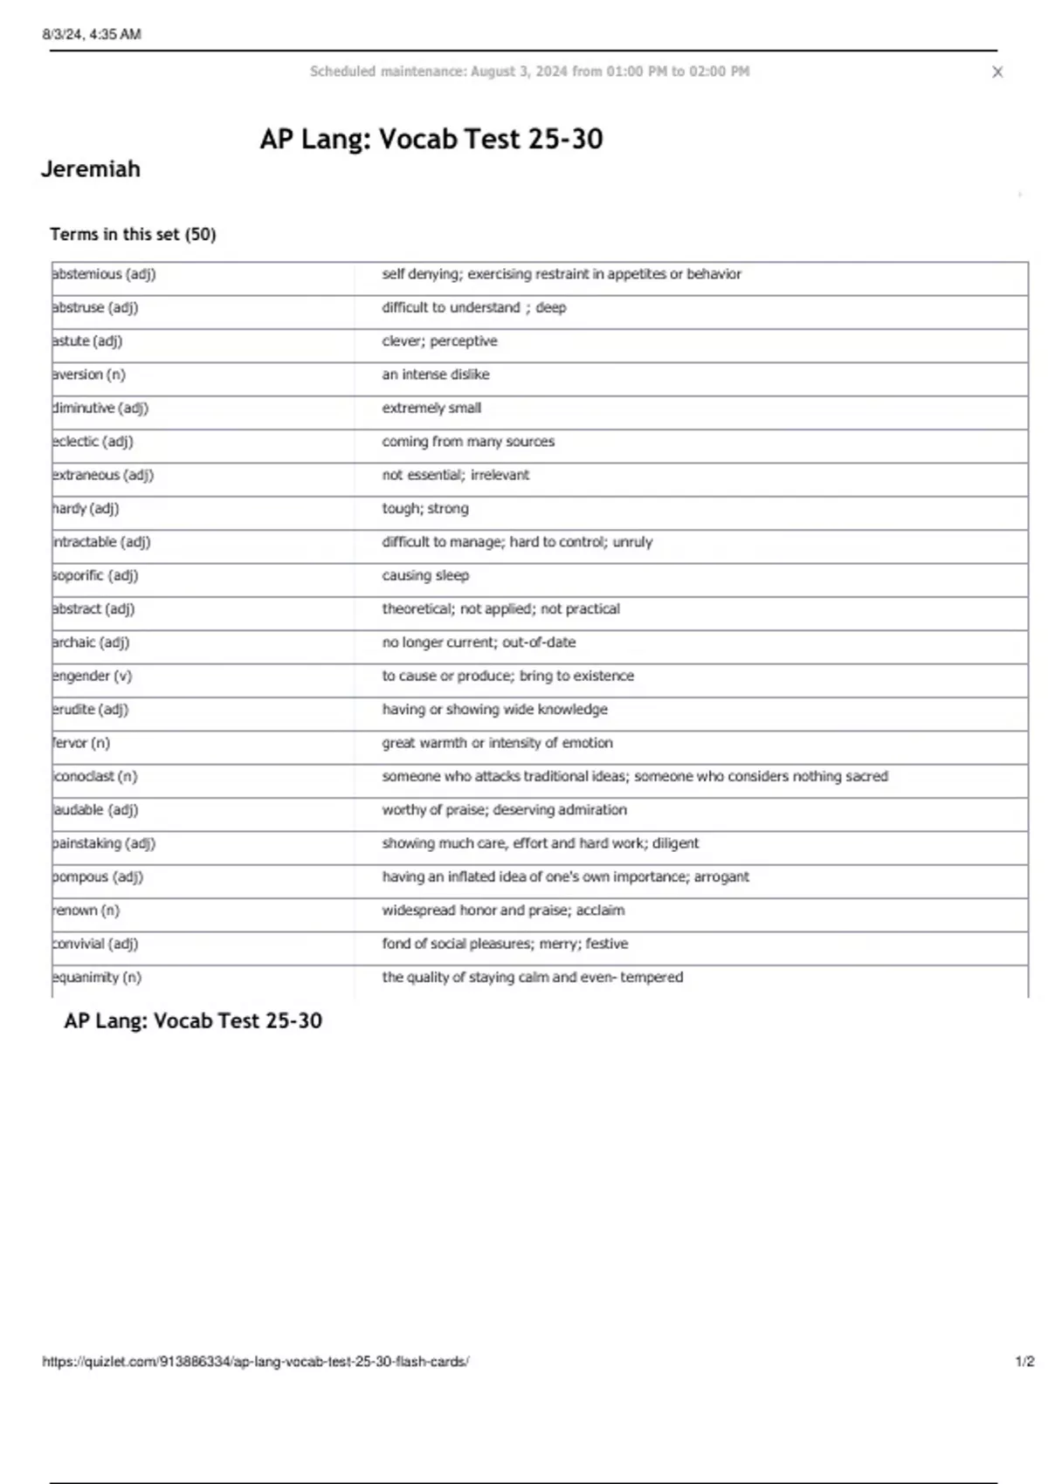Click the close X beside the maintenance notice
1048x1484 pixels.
pos(997,72)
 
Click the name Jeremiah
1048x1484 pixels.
pos(91,168)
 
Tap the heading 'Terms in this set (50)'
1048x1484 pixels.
pos(133,234)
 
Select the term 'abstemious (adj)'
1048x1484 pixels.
pos(104,274)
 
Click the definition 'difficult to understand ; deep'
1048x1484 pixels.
pos(473,307)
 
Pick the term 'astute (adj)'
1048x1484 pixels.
pos(87,341)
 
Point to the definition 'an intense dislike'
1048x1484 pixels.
pos(435,374)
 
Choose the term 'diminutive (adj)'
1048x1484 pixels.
pos(100,408)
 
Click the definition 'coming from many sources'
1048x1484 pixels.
pos(467,442)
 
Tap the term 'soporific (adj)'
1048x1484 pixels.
pos(95,575)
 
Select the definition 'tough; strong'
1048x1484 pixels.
pos(424,508)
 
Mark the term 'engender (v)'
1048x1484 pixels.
pos(93,676)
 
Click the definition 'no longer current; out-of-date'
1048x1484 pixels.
pos(479,642)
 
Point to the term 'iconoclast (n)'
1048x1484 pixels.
pos(95,776)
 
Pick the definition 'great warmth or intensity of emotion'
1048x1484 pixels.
pos(497,743)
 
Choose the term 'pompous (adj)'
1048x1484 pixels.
pos(98,876)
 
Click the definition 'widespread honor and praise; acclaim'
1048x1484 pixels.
pos(503,910)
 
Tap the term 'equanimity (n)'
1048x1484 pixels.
pos(97,977)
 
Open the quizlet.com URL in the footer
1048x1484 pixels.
pos(255,1361)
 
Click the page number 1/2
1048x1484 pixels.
pos(1024,1361)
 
